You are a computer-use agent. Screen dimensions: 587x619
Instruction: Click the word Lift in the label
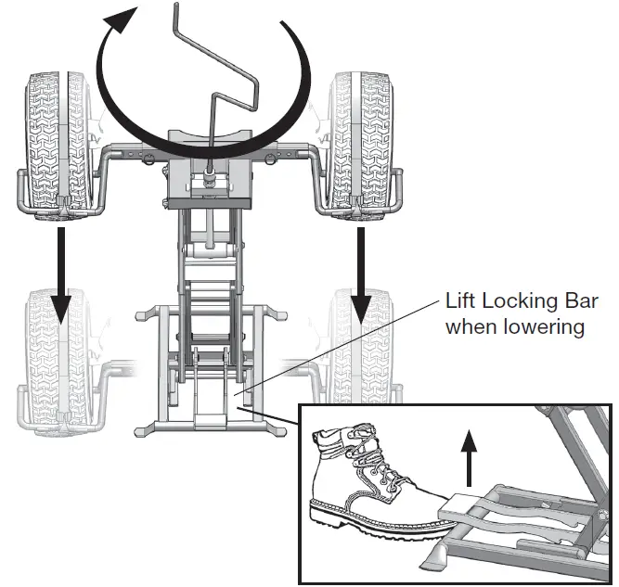(460, 300)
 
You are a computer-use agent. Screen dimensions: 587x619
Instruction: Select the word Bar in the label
(580, 300)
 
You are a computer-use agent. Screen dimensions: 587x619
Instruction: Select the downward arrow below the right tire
(362, 269)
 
